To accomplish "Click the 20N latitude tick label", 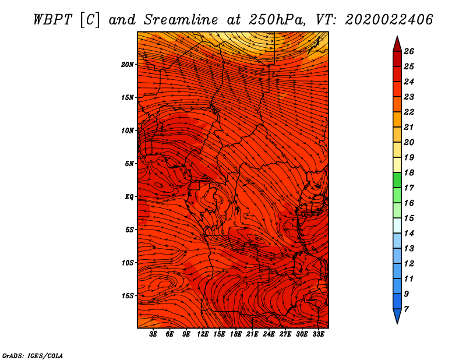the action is click(x=128, y=65).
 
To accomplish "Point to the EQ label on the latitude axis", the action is click(x=129, y=197).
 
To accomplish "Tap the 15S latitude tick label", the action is click(x=128, y=296).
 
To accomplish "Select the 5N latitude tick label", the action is click(x=129, y=164).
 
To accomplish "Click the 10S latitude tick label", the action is click(x=128, y=263).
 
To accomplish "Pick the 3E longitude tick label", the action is click(x=153, y=334).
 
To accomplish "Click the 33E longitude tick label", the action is click(x=318, y=334).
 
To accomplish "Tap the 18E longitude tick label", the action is click(x=236, y=334).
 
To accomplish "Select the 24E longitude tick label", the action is click(x=269, y=334).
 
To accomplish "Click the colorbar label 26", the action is click(x=409, y=51).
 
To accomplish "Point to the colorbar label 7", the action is click(x=406, y=309).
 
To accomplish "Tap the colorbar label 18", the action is click(x=409, y=172).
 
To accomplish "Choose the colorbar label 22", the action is click(x=409, y=112).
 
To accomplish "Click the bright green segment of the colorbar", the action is click(x=397, y=180).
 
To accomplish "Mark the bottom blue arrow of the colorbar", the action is click(x=397, y=315).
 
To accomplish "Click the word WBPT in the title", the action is click(x=52, y=20).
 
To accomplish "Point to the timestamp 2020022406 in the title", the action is click(x=389, y=20).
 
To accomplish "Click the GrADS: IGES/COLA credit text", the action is click(x=33, y=355).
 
